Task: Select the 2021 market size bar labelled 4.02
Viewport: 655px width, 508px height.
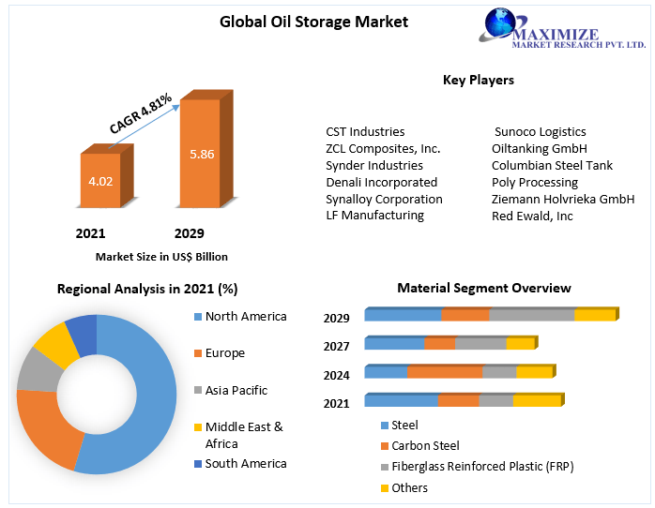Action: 99,180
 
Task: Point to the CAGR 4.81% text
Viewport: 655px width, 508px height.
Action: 141,113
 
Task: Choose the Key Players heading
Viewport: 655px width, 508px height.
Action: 478,81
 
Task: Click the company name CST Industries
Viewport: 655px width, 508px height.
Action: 365,132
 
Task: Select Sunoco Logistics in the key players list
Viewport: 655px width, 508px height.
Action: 540,132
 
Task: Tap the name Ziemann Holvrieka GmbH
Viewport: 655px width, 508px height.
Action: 563,200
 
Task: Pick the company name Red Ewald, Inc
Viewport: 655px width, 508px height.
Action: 532,217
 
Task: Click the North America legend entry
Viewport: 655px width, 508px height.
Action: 245,317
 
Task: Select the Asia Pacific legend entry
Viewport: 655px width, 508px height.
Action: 236,391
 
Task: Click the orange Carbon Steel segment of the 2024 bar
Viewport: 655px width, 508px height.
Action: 444,372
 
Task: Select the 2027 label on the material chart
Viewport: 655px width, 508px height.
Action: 336,347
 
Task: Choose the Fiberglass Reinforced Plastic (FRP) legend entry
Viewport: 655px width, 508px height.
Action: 481,467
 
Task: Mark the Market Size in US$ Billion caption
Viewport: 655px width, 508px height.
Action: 161,257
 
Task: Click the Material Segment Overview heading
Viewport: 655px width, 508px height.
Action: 483,288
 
